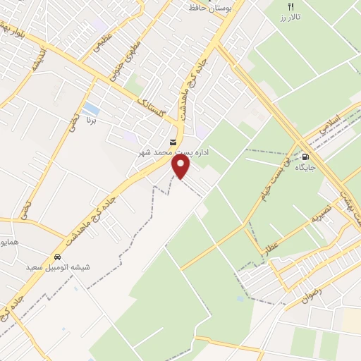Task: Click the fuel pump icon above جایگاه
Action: (x=305, y=157)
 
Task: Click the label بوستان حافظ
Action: (x=212, y=8)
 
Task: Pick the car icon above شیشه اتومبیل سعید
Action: (x=56, y=257)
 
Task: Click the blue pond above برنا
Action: (x=91, y=109)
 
